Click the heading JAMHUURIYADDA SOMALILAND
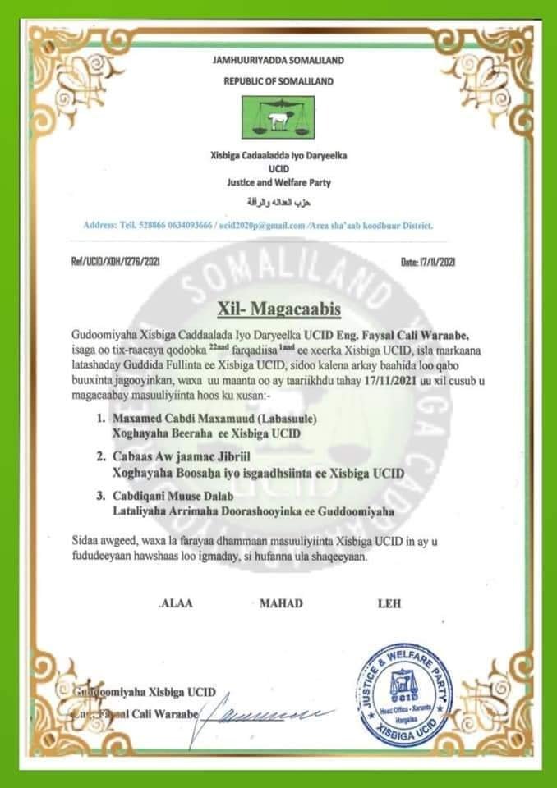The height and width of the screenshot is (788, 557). point(278,61)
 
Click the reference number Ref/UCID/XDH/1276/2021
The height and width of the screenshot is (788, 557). point(110,262)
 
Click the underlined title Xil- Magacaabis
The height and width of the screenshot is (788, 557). point(278,309)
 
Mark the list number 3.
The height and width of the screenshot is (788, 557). point(100,496)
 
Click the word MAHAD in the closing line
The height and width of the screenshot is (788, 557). point(281,604)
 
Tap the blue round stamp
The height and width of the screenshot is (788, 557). point(406,692)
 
